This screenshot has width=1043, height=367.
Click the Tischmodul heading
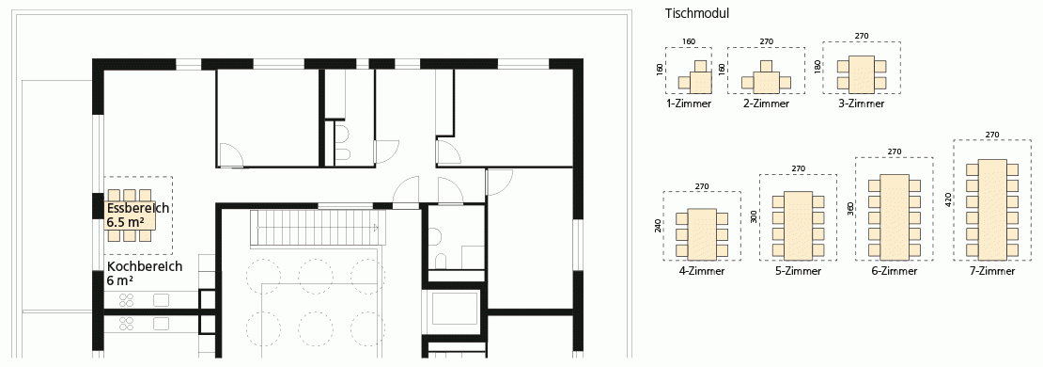coord(696,13)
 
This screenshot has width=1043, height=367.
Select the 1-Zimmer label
coord(689,104)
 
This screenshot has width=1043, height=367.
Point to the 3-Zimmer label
coord(862,104)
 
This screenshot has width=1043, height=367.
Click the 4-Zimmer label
coord(702,271)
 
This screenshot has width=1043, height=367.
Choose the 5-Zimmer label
coord(798,271)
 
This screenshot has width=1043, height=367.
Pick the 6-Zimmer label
coord(894,271)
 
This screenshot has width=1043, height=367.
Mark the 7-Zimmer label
coord(991,271)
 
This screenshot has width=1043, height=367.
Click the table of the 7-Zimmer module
coord(992,209)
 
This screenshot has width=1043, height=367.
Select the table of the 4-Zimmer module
coord(702,233)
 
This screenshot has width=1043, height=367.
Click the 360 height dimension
coord(849,210)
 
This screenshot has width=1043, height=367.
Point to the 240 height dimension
coord(658,226)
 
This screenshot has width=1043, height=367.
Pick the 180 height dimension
coord(817,68)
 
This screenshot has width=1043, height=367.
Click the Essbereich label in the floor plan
coord(138,208)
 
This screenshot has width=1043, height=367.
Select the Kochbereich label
coord(145,266)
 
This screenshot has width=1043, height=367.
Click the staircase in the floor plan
coord(318,228)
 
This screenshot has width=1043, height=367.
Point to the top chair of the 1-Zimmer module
coord(700,65)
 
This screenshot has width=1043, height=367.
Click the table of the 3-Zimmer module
coord(862,74)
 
